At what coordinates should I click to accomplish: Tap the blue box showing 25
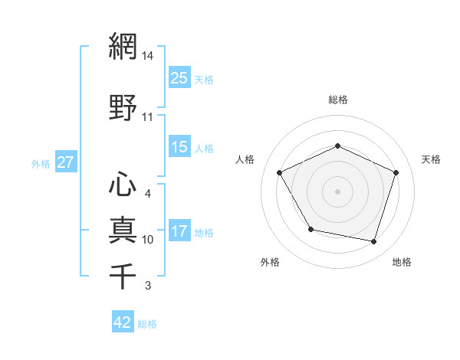click(x=179, y=78)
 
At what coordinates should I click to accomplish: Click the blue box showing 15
click(x=179, y=147)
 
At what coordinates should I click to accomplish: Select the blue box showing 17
click(x=179, y=232)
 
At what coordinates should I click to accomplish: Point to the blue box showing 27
click(x=65, y=162)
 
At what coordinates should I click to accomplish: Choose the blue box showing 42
click(x=123, y=322)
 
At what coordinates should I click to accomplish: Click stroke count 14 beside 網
click(x=148, y=56)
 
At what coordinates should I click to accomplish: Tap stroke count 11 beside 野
click(x=148, y=117)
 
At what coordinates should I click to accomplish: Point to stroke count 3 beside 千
click(x=148, y=286)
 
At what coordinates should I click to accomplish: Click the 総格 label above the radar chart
click(x=337, y=100)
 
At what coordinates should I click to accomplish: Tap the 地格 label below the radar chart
click(x=402, y=262)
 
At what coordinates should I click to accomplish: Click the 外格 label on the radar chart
click(x=270, y=262)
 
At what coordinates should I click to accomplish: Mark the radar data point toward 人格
click(x=280, y=172)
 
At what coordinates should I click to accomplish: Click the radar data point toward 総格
click(x=337, y=146)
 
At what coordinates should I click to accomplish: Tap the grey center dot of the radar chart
click(x=337, y=191)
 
